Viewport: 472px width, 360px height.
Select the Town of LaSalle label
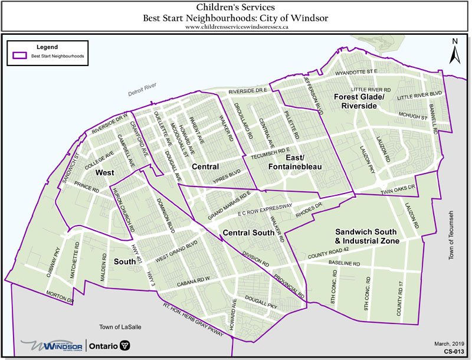[121, 326]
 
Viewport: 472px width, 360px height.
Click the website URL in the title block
[236, 27]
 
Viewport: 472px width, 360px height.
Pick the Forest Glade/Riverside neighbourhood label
[359, 101]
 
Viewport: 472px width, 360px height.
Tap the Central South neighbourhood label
[248, 233]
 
